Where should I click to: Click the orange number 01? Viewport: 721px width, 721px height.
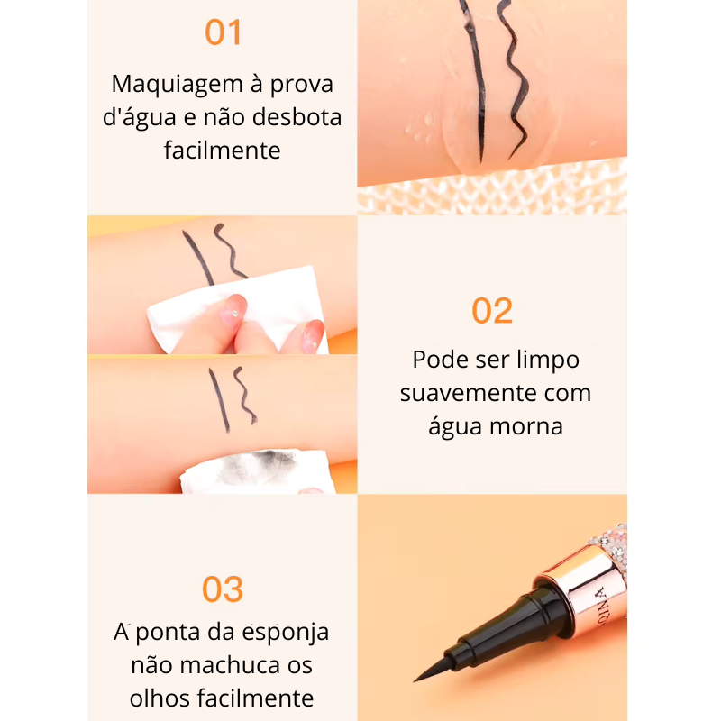click(223, 32)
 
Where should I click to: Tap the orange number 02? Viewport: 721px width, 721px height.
click(492, 311)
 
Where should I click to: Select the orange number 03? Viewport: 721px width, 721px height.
click(223, 589)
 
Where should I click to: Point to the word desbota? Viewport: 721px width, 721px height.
click(297, 117)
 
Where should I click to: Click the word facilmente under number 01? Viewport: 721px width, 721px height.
click(222, 150)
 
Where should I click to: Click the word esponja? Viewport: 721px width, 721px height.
click(286, 634)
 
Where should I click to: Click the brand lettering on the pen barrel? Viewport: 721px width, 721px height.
click(601, 607)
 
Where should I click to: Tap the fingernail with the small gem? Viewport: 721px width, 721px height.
click(234, 309)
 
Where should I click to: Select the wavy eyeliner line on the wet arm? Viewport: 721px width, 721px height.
click(514, 78)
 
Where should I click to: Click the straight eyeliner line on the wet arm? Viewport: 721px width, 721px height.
click(476, 78)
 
